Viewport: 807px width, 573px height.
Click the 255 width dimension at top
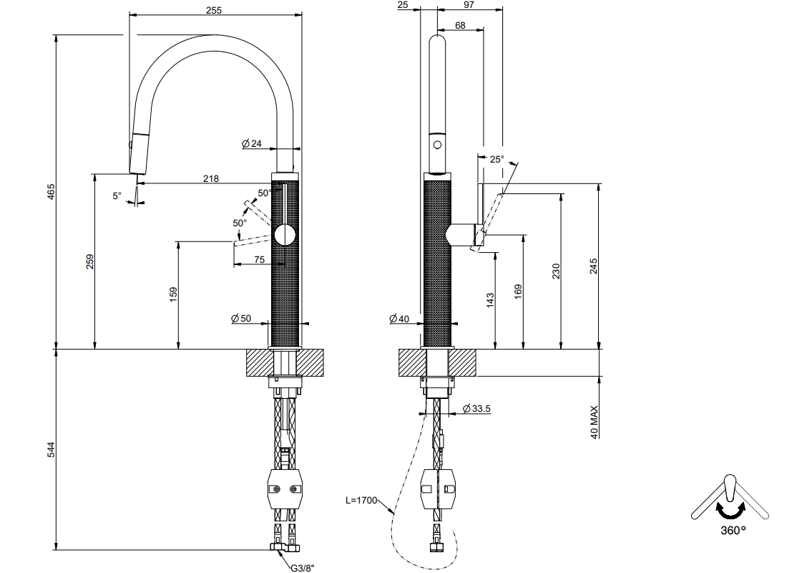(214, 10)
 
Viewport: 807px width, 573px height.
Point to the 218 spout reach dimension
(211, 178)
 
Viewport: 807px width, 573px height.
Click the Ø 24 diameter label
(252, 144)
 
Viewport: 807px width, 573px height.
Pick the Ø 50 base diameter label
(241, 319)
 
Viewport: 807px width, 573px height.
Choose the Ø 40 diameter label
(399, 319)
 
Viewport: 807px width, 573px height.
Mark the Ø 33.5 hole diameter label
(476, 409)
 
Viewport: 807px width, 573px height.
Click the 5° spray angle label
(117, 196)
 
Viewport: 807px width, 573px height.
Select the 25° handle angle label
(497, 159)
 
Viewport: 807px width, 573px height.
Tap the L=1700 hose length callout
(361, 500)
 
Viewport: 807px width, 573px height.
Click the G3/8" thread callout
(302, 568)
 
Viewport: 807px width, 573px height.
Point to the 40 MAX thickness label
(595, 422)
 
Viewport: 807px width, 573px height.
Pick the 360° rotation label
(733, 530)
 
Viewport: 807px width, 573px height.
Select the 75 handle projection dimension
(260, 259)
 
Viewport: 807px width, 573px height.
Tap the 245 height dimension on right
(593, 266)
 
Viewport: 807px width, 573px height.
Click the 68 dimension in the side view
(460, 25)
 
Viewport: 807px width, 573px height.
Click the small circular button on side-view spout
(437, 144)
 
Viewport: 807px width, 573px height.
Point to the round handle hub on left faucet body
(285, 236)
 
